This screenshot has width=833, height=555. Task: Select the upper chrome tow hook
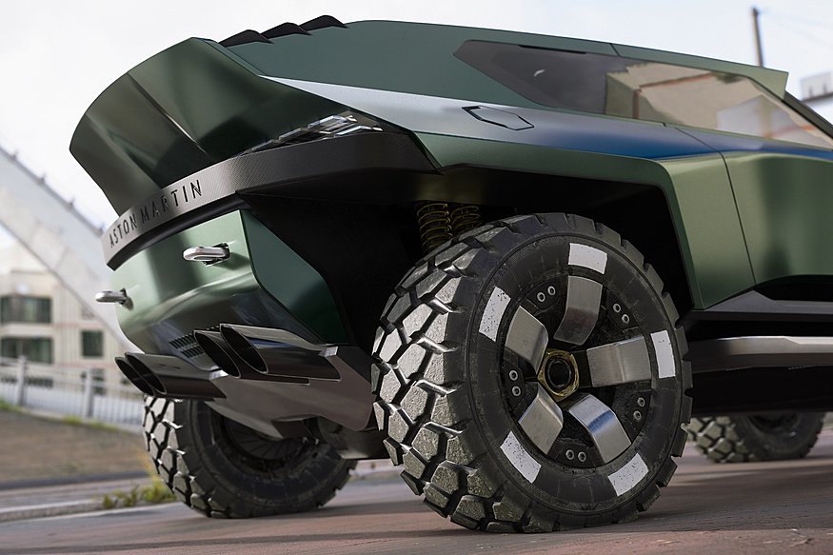(207, 253)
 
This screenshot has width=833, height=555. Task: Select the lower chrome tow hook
(113, 296)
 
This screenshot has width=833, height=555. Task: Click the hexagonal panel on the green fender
(498, 116)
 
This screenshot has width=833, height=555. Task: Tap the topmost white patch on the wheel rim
(587, 257)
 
